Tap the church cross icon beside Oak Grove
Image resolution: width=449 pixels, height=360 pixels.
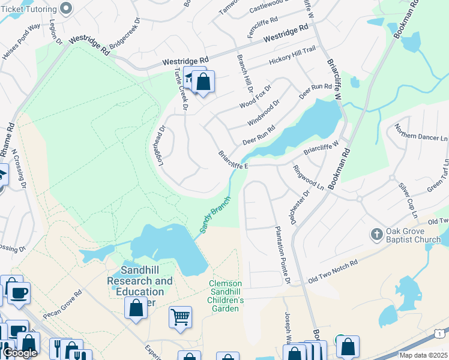point(376,233)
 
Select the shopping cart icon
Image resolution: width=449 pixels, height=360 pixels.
point(180,316)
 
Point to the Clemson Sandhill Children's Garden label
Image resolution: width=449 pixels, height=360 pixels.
point(225,296)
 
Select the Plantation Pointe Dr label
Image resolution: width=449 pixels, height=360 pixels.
point(283,256)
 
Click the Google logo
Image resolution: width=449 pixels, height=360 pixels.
point(20,353)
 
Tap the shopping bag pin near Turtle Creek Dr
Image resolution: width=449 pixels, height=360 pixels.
point(203,82)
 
